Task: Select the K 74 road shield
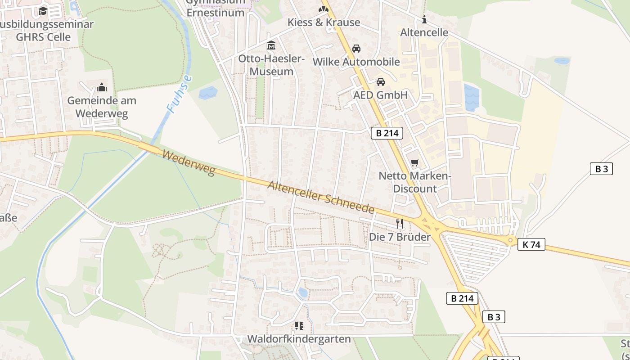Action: (x=531, y=244)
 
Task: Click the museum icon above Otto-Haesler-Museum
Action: (x=271, y=45)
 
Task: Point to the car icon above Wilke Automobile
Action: (x=356, y=49)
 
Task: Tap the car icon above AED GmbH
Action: (x=381, y=82)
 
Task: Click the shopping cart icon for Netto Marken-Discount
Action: (x=414, y=162)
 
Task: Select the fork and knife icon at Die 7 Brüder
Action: (x=399, y=223)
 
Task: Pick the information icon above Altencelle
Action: (x=424, y=19)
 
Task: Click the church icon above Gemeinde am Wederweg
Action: (x=102, y=87)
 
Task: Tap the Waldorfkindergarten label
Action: (x=299, y=339)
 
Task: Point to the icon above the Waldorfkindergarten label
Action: (x=299, y=325)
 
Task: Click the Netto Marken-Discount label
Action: (x=414, y=182)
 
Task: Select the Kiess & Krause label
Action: (x=324, y=22)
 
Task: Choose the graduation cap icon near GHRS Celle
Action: (x=43, y=11)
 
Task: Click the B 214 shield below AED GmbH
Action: (x=387, y=133)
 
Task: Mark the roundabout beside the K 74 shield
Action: (x=510, y=240)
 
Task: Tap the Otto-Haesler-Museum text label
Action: (x=271, y=65)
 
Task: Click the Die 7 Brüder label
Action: (x=400, y=237)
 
